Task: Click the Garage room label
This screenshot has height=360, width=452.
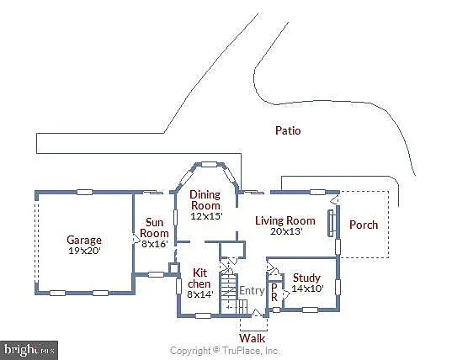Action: (84, 240)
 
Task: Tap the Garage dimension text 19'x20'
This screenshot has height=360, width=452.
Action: (84, 251)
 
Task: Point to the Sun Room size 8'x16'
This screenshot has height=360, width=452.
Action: (154, 244)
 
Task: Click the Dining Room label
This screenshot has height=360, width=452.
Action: (205, 200)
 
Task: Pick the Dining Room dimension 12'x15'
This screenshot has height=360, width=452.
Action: (205, 216)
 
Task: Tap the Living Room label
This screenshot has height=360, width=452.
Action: (285, 221)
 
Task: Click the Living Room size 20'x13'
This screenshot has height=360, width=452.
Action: (285, 231)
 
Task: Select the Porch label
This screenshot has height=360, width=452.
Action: (364, 225)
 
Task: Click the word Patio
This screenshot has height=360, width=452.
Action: (288, 130)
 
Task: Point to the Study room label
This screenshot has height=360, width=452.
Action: (307, 278)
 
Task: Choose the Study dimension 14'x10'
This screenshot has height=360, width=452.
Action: (307, 289)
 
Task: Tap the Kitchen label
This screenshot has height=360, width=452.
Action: (199, 278)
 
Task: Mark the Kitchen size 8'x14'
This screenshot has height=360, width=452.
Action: (199, 294)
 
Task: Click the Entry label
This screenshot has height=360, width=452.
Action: (252, 291)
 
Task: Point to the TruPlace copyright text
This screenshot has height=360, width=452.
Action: (225, 350)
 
